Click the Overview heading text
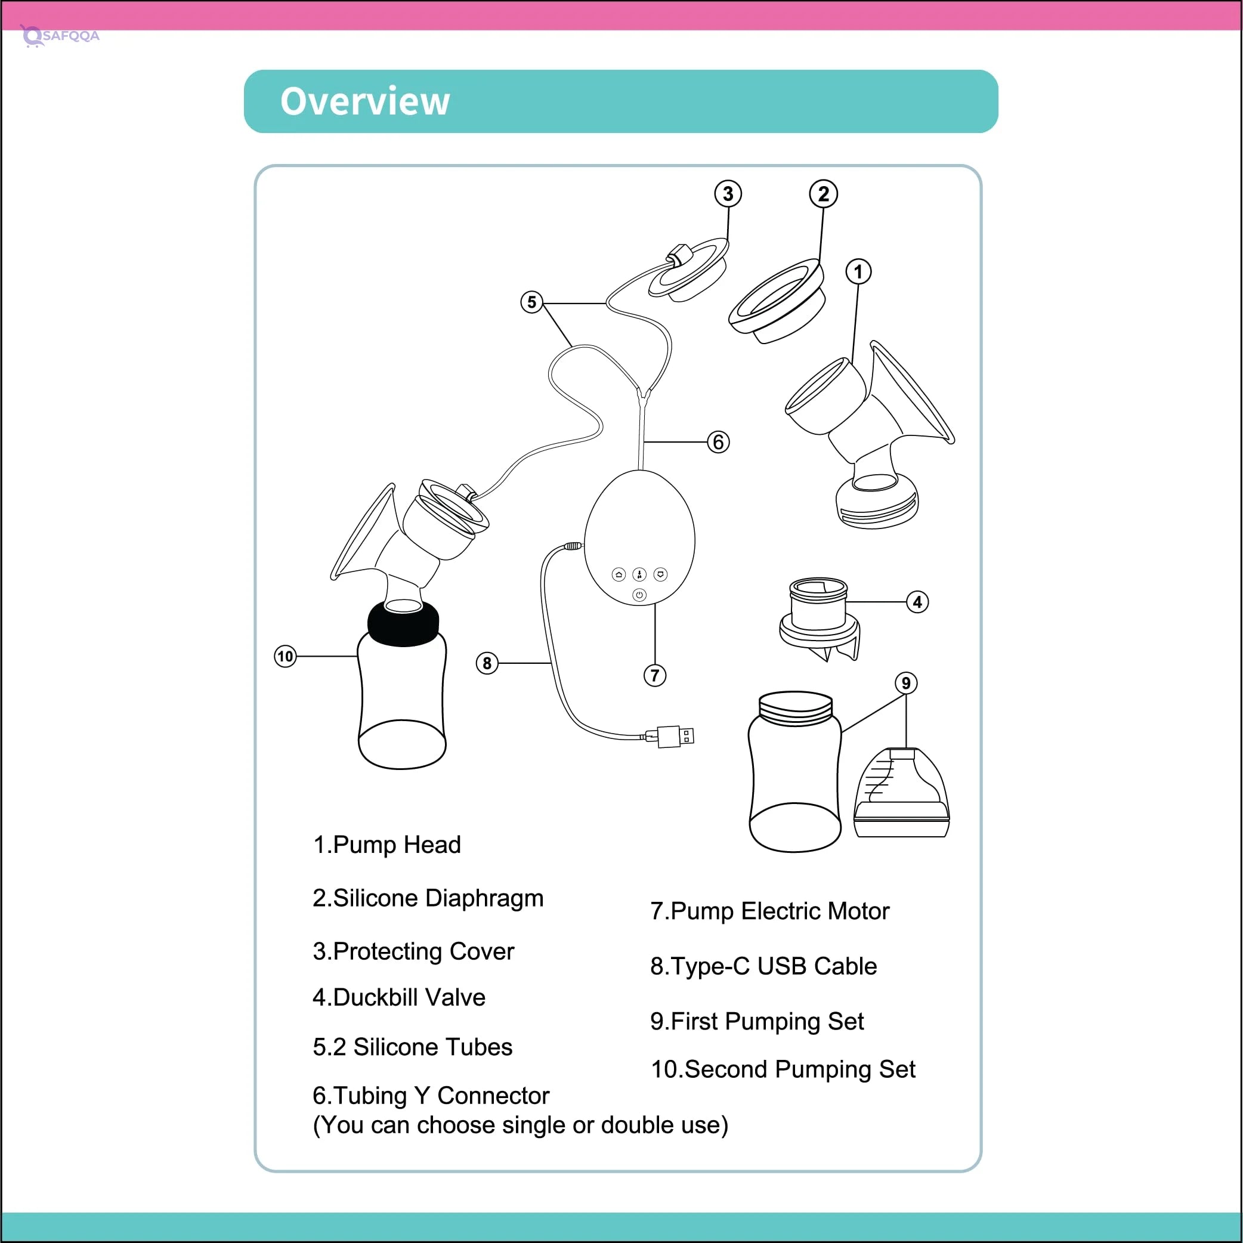tap(365, 101)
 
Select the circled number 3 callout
tap(728, 194)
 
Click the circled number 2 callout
tap(823, 194)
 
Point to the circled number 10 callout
tap(285, 656)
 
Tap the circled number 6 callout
tap(718, 442)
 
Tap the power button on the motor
tap(639, 595)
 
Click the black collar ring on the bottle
tap(403, 624)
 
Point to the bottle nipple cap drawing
tap(901, 793)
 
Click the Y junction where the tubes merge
tap(642, 392)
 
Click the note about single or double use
tap(520, 1125)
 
